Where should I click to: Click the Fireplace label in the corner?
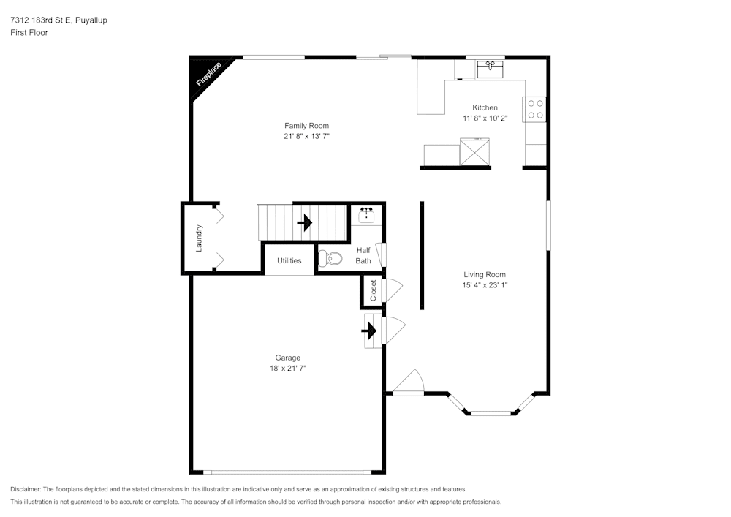[208, 75]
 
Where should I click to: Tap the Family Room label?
[307, 125]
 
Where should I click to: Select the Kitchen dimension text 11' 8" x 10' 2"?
[485, 118]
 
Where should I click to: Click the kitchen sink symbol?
[490, 69]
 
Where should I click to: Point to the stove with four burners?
[535, 109]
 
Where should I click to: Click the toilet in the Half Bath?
[330, 257]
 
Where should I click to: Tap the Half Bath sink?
[366, 216]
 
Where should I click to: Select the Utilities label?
[289, 260]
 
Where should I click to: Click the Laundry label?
[199, 238]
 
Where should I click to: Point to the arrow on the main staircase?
[304, 222]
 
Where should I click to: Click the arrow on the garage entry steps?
[369, 331]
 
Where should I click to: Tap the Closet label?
[373, 290]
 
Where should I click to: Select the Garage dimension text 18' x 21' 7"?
[287, 369]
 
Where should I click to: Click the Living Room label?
[485, 274]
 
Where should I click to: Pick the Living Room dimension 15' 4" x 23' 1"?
[485, 285]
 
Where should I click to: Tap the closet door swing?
[393, 290]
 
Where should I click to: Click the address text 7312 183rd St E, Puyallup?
[58, 20]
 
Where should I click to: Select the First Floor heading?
[29, 33]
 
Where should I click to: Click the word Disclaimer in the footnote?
[25, 489]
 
